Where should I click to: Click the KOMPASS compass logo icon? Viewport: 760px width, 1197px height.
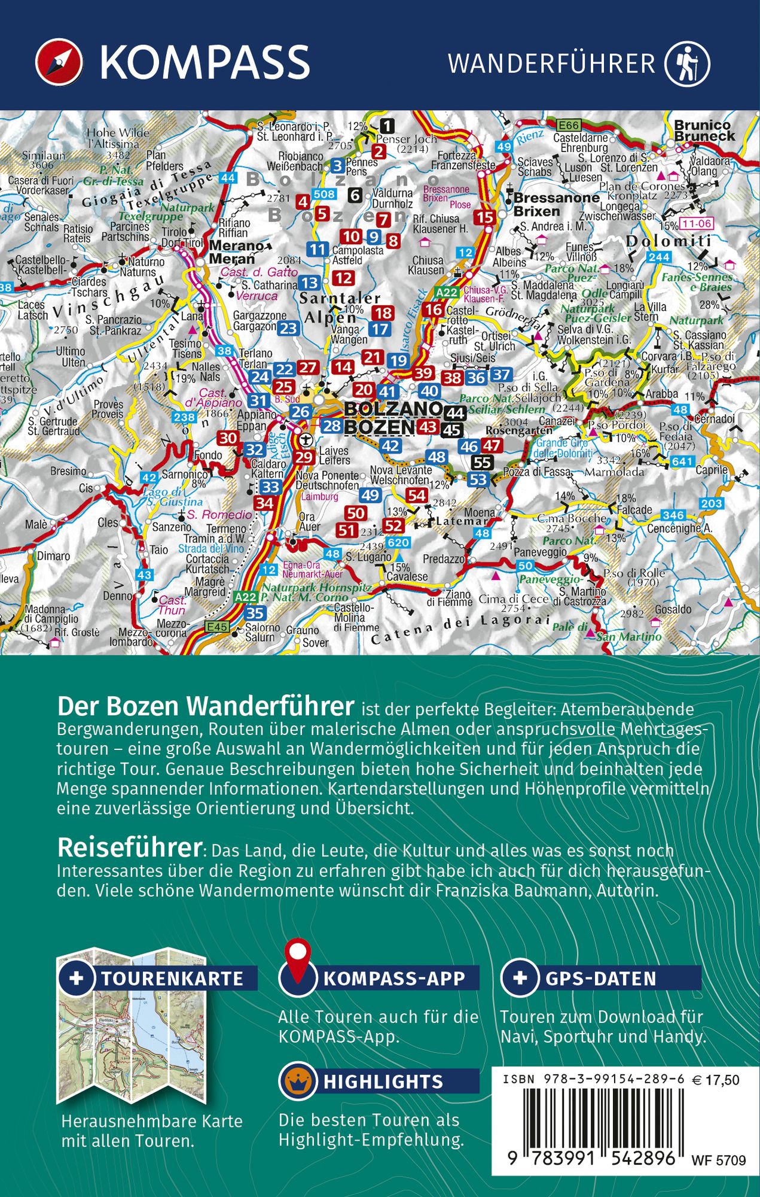[58, 62]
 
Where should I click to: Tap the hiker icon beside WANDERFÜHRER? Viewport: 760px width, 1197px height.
[686, 62]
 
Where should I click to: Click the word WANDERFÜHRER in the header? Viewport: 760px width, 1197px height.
[551, 63]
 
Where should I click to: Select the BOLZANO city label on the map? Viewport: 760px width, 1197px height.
[392, 409]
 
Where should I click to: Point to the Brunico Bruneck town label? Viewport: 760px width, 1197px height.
[704, 130]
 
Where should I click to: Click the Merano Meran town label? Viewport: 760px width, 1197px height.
[236, 252]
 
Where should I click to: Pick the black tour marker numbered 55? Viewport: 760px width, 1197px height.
[481, 463]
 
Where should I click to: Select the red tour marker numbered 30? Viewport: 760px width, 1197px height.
[227, 438]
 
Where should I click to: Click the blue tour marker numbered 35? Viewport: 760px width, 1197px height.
[255, 613]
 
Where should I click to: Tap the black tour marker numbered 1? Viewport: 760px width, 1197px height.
[387, 126]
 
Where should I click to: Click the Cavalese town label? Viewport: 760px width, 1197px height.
[407, 576]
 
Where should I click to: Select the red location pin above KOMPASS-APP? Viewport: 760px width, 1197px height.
[298, 955]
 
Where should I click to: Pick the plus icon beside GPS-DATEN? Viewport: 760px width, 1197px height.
[520, 978]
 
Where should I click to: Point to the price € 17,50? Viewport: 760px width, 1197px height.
[715, 1080]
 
